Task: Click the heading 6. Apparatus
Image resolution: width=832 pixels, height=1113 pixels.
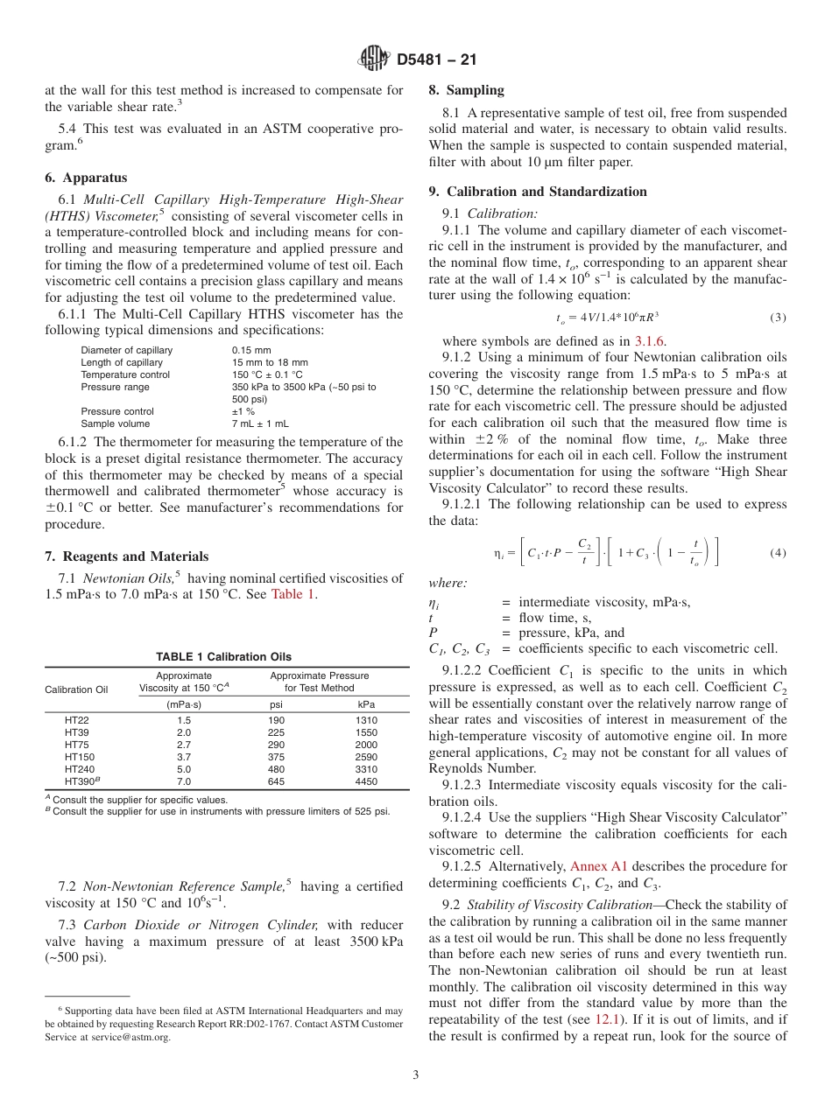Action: [86, 178]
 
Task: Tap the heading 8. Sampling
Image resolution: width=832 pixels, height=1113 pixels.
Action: [466, 90]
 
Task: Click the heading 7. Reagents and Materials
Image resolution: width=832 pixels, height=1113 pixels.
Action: [126, 556]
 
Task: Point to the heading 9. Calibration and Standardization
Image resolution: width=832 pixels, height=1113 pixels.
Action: [538, 192]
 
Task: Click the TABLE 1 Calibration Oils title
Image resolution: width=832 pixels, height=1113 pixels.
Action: [223, 657]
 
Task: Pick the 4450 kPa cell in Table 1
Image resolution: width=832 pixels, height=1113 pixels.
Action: [366, 780]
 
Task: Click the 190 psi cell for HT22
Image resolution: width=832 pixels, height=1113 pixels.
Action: [276, 720]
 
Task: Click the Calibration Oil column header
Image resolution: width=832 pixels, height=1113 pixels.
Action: [76, 689]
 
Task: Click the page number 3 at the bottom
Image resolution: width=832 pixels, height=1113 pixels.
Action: [416, 1074]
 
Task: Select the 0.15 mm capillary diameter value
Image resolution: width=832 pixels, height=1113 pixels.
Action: [251, 350]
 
